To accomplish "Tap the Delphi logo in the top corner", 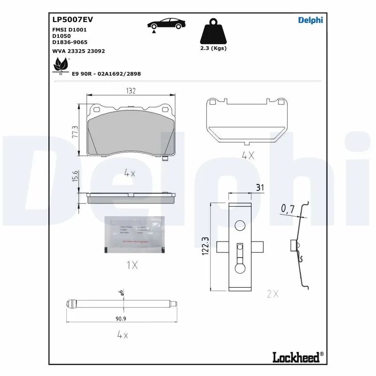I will pos(311,19).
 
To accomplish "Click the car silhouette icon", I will pos(165,24).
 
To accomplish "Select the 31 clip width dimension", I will pos(259,188).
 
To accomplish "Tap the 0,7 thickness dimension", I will pos(288,209).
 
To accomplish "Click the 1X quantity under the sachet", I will pos(132,266).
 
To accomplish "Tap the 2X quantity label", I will pos(273,294).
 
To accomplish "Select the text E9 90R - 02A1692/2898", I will pos(106,74).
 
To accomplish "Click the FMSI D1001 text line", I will pos(69,29).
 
